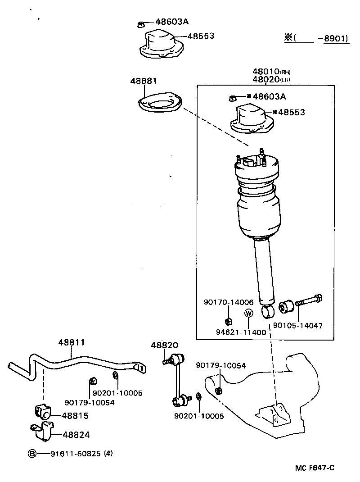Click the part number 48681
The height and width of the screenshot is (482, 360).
tap(144, 81)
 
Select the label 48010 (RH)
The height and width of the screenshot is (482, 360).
tap(271, 72)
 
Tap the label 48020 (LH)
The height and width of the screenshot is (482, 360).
tap(271, 80)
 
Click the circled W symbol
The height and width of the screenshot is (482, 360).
tap(248, 313)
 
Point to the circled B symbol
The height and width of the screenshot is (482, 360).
tap(32, 454)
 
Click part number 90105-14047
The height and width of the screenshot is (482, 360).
tap(297, 325)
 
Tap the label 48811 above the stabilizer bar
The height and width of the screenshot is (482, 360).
tap(71, 342)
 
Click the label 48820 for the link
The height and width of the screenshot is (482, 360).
tap(164, 345)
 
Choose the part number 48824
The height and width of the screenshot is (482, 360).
tap(76, 435)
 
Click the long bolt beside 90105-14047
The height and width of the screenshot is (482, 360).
tap(310, 300)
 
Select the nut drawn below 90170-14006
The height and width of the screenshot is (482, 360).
tap(228, 321)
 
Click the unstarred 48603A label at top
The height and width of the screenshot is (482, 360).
tap(172, 22)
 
